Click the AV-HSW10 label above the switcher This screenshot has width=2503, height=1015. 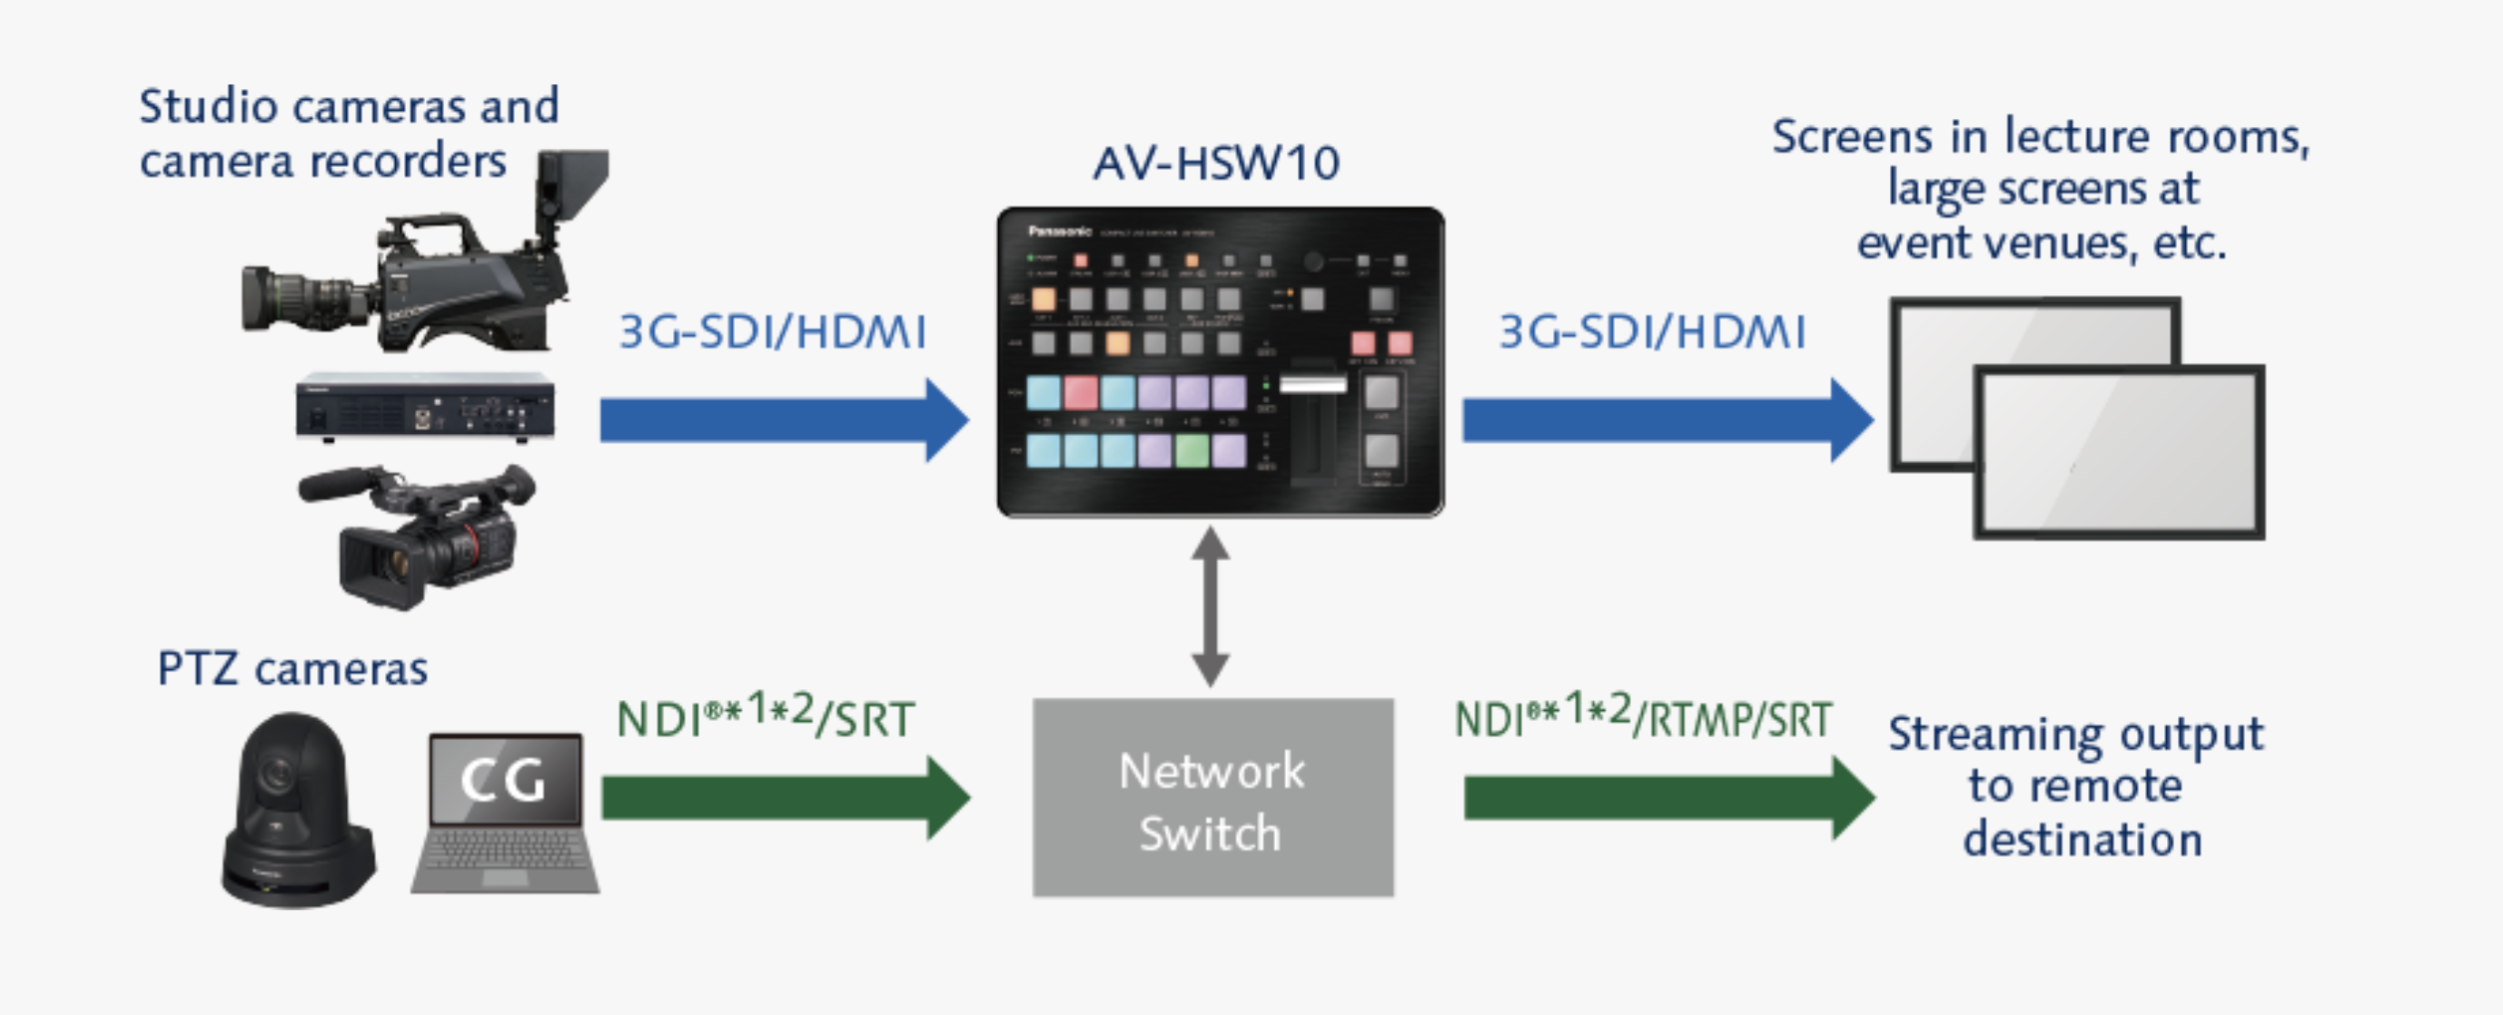[1215, 163]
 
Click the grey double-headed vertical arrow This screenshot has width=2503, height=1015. [1211, 607]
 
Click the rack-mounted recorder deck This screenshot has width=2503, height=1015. [426, 407]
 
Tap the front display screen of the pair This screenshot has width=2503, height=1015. [2118, 451]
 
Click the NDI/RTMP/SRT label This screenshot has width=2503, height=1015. [1642, 719]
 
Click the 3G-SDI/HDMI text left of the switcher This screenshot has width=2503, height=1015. [773, 332]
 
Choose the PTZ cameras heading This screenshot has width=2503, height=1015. [292, 669]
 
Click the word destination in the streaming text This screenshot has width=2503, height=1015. [2082, 839]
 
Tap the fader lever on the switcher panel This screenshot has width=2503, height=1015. [1312, 386]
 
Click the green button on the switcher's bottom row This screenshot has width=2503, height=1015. [1192, 449]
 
